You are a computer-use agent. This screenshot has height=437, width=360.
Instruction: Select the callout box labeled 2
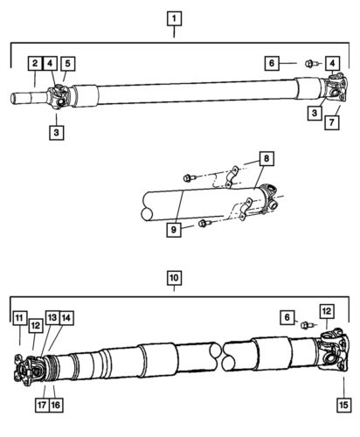pos(34,63)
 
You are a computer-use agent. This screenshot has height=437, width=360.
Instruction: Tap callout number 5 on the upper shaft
pos(67,63)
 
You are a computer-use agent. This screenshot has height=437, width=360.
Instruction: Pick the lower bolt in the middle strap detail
pos(203,224)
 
